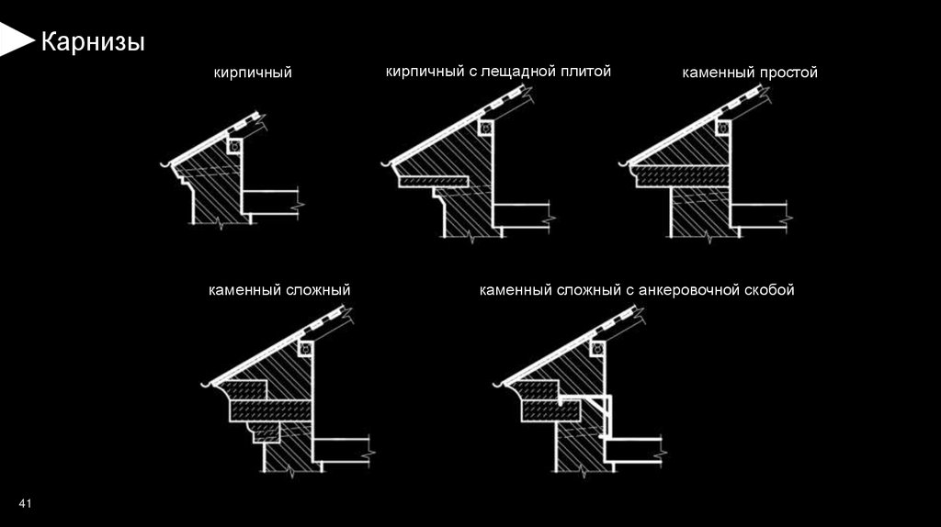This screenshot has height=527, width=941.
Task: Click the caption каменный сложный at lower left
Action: point(279,290)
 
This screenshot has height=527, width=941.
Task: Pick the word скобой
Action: point(770,290)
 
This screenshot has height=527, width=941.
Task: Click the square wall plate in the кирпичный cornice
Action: point(236,145)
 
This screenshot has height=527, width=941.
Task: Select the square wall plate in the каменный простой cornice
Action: point(723,128)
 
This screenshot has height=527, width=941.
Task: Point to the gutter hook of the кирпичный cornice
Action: point(165,165)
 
